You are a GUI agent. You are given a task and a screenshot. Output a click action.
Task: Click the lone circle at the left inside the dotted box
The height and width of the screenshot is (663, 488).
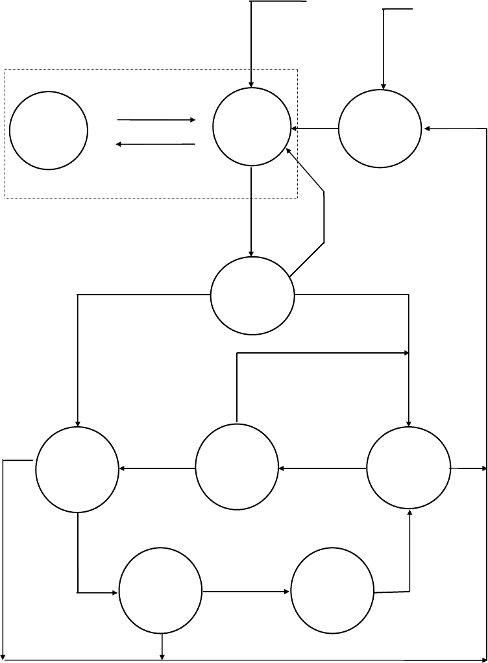click(x=49, y=130)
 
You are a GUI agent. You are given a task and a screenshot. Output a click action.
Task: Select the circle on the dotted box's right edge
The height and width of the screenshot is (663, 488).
click(x=252, y=127)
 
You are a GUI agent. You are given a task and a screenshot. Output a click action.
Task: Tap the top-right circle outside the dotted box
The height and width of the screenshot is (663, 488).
click(x=380, y=128)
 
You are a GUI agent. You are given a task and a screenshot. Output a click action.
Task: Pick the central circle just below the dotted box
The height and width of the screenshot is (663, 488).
click(x=252, y=295)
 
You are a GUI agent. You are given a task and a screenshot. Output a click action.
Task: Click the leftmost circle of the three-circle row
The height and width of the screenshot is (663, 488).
click(x=77, y=468)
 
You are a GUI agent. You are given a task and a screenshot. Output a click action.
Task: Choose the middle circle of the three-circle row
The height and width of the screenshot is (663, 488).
click(x=237, y=468)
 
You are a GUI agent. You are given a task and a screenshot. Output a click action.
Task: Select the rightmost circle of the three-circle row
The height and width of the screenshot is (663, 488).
click(x=408, y=468)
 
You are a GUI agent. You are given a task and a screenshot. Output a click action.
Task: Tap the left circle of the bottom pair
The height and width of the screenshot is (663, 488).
click(x=160, y=592)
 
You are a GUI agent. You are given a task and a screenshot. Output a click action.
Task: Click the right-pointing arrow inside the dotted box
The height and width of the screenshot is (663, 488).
click(x=156, y=120)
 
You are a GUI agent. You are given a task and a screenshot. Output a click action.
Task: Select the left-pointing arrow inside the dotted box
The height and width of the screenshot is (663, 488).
click(x=156, y=144)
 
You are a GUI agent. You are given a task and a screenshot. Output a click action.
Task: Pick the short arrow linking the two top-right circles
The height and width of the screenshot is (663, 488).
click(x=315, y=128)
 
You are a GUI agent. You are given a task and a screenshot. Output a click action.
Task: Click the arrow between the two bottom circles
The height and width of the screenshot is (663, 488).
click(x=246, y=592)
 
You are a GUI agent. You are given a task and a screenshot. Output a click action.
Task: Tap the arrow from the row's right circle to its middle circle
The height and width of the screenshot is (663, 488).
click(x=323, y=468)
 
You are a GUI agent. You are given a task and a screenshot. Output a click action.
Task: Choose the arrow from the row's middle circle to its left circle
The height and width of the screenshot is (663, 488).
click(x=157, y=468)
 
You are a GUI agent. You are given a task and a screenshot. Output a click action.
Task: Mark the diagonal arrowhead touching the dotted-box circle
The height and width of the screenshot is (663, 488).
click(x=289, y=152)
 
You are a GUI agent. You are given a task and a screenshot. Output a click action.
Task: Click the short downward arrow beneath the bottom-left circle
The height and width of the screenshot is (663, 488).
click(x=162, y=647)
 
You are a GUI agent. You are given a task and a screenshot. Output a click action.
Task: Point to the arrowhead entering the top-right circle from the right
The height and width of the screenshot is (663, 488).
click(x=427, y=129)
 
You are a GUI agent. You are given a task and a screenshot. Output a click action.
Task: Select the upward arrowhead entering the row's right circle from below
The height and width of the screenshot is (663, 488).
click(x=409, y=513)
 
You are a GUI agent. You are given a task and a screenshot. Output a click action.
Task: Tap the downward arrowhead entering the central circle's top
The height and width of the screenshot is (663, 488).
click(x=252, y=252)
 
